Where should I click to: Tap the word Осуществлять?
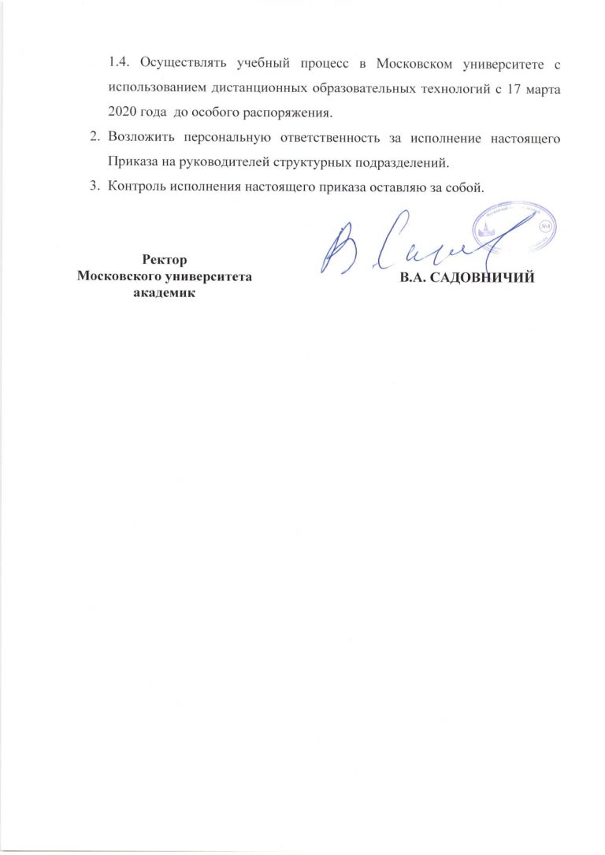(x=175, y=61)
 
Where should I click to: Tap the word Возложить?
(x=142, y=139)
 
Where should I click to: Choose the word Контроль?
(x=138, y=187)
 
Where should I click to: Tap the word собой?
(x=462, y=187)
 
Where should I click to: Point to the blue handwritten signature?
(x=402, y=244)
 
